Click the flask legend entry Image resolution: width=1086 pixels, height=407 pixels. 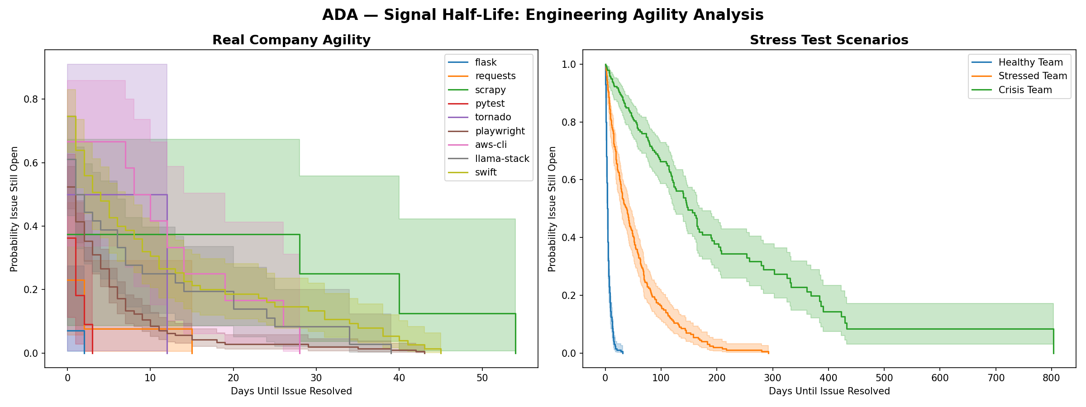(x=486, y=62)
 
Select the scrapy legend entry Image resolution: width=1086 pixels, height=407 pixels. (x=490, y=90)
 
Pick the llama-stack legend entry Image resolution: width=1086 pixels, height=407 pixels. (x=502, y=159)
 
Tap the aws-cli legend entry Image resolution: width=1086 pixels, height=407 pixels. (x=491, y=145)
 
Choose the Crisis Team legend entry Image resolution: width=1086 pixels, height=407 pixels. (x=1025, y=90)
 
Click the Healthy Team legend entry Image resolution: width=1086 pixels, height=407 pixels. (x=1030, y=62)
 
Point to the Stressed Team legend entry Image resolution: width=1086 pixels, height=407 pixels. (x=1033, y=76)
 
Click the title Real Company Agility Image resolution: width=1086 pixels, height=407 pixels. (x=291, y=40)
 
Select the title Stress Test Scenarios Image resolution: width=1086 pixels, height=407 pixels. (x=829, y=40)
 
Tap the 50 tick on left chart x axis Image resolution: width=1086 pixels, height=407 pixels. (x=482, y=378)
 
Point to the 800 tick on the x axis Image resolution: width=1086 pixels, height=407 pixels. (x=1051, y=378)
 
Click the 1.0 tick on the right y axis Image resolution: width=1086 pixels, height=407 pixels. (x=568, y=65)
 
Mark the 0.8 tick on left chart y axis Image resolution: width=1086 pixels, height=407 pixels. (x=30, y=99)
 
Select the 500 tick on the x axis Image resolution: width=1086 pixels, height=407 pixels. (x=884, y=378)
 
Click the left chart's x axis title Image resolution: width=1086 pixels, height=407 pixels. (x=291, y=391)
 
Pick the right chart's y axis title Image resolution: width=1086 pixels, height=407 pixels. (x=552, y=209)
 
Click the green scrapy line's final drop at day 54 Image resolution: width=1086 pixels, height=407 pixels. (x=516, y=334)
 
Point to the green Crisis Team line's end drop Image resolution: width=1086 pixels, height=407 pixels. (x=1053, y=341)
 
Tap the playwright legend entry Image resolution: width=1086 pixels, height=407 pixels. (x=500, y=131)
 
